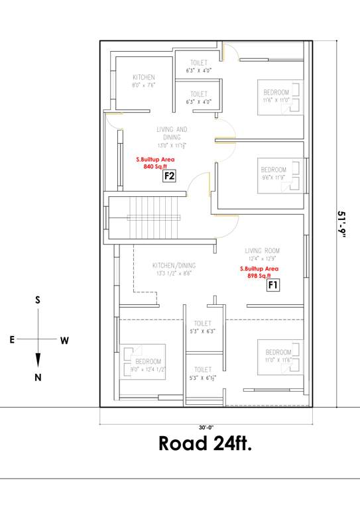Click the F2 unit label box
click(169, 176)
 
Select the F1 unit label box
click(272, 286)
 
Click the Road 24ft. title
click(205, 443)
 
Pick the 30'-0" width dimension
click(204, 418)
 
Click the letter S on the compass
click(38, 300)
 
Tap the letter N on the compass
click(38, 378)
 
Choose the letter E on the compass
click(12, 340)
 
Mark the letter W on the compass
click(64, 341)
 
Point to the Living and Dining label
click(172, 133)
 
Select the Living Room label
click(262, 251)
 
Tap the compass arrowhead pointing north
click(38, 360)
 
